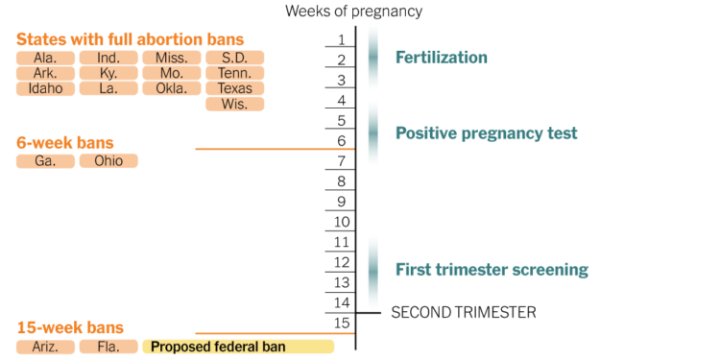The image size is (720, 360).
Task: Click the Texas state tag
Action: pyautogui.click(x=234, y=88)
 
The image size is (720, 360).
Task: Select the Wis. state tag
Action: pyautogui.click(x=234, y=104)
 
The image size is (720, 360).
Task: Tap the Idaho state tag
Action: pyautogui.click(x=45, y=88)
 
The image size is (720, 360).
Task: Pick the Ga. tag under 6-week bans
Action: pyautogui.click(x=45, y=160)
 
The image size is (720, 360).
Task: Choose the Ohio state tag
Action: pyautogui.click(x=108, y=160)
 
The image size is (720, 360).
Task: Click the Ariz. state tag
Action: pyautogui.click(x=45, y=346)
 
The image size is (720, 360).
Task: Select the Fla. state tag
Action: pyautogui.click(x=108, y=346)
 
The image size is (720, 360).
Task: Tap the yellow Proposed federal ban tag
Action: pyautogui.click(x=237, y=346)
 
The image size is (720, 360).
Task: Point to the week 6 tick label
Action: pyautogui.click(x=342, y=140)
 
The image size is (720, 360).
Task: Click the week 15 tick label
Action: pyautogui.click(x=342, y=323)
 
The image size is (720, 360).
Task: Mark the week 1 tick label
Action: pyautogui.click(x=342, y=39)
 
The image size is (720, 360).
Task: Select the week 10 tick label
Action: pyautogui.click(x=342, y=222)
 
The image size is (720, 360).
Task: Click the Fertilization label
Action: pyautogui.click(x=442, y=58)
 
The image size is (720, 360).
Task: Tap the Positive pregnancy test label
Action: pyautogui.click(x=487, y=133)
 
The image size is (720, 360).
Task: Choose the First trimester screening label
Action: pyautogui.click(x=492, y=270)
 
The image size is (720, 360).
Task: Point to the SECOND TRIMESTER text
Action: pyautogui.click(x=464, y=312)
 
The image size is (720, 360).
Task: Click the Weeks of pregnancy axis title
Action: pyautogui.click(x=353, y=12)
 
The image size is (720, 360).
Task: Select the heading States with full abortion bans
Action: pyautogui.click(x=130, y=39)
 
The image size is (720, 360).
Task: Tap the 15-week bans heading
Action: pyautogui.click(x=70, y=327)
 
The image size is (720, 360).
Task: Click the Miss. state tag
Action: pyautogui.click(x=171, y=58)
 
